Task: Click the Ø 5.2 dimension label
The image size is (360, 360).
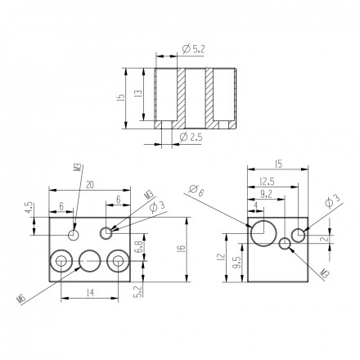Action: click(x=193, y=49)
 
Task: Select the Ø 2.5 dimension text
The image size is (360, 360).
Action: click(x=191, y=137)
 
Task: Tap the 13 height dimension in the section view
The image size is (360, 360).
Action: click(x=138, y=93)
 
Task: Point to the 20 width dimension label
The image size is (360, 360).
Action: click(x=90, y=185)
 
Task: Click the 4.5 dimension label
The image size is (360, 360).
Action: click(x=29, y=207)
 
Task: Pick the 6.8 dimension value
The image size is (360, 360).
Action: click(x=138, y=246)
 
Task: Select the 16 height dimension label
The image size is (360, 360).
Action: click(x=182, y=248)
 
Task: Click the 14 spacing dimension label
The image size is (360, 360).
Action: click(x=90, y=293)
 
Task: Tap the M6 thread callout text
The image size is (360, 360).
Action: click(x=21, y=299)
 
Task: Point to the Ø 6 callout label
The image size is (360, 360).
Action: click(x=196, y=190)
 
